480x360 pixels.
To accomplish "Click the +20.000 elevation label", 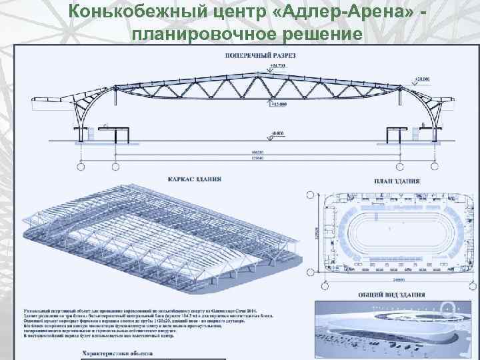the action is [x=422, y=79].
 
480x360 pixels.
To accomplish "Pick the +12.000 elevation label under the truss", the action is [x=279, y=104].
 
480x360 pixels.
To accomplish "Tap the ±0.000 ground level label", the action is [x=279, y=135].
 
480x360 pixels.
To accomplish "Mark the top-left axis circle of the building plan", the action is [x=309, y=195].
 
